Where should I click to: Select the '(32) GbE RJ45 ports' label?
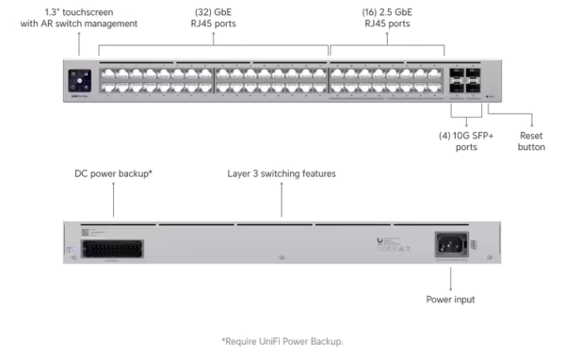click(x=214, y=19)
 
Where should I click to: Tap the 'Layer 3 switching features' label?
click(x=282, y=174)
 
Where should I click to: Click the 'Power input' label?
click(x=451, y=299)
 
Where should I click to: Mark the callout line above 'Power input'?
click(x=451, y=278)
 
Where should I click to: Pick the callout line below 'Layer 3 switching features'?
click(x=282, y=201)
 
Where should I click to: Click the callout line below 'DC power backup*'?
click(x=113, y=200)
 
